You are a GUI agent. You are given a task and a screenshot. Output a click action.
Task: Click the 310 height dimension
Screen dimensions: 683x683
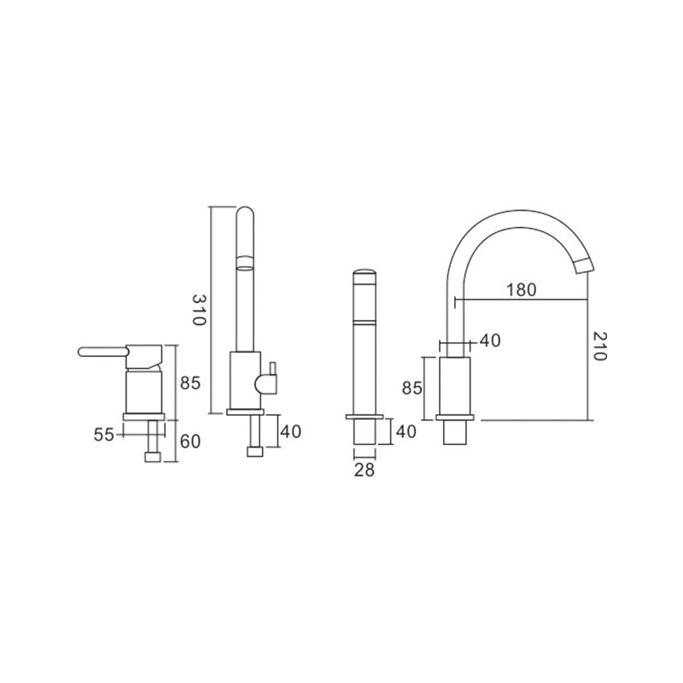[199, 310]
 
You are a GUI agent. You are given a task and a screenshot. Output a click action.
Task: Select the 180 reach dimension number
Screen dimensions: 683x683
[522, 289]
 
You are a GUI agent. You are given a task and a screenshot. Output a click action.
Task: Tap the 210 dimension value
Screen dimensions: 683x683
[599, 347]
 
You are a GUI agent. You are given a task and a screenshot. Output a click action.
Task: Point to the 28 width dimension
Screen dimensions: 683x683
[365, 470]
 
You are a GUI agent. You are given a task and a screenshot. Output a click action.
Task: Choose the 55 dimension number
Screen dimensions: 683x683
[103, 435]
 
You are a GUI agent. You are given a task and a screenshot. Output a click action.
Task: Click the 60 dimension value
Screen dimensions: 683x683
[190, 441]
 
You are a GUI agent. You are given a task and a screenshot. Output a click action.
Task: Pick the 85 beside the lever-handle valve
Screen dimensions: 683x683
[190, 383]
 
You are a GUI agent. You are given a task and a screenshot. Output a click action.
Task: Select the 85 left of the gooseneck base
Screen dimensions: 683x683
[412, 388]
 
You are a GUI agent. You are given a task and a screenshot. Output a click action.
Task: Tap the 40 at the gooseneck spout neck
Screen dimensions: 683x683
[490, 340]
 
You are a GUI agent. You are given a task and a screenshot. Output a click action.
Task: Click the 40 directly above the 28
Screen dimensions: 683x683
[406, 432]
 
